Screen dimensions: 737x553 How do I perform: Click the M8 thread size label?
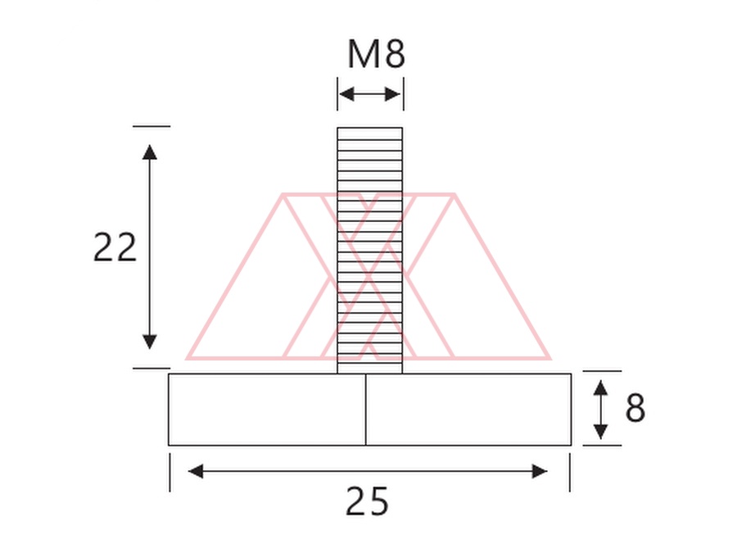pos(376,53)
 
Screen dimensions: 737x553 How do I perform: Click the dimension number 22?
pos(115,247)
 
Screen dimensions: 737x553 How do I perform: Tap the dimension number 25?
pos(367,501)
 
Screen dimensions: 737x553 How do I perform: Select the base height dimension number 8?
pos(635,407)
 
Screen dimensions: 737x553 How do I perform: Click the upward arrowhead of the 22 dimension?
pos(150,152)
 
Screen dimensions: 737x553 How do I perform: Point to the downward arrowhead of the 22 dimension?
pos(150,342)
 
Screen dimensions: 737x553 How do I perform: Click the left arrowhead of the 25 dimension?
pos(196,471)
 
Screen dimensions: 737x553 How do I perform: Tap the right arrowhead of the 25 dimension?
pos(540,471)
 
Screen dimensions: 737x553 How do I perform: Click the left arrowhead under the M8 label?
pos(346,94)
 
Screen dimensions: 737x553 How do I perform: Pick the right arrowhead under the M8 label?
pos(392,94)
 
